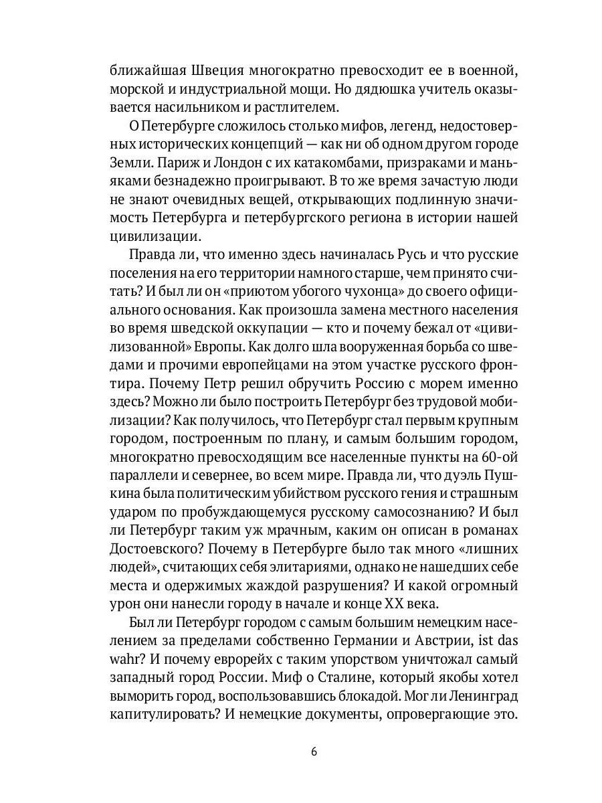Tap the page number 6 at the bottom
point(314,750)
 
